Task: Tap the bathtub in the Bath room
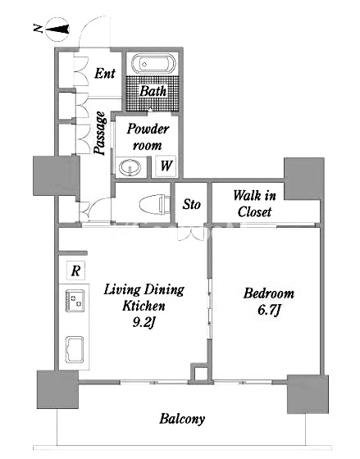[x=153, y=64]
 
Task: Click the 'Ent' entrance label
[x=105, y=73]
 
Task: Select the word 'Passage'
[x=100, y=133]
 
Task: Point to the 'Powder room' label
[x=148, y=137]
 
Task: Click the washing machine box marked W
[x=166, y=166]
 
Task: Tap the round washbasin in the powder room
[x=130, y=167]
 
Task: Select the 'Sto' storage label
[x=192, y=204]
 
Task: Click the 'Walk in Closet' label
[x=254, y=203]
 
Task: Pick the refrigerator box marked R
[x=76, y=270]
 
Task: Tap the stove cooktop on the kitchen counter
[x=75, y=301]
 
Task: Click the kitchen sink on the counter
[x=75, y=349]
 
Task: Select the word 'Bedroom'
[x=269, y=293]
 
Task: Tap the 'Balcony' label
[x=182, y=419]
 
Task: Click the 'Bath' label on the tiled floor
[x=153, y=91]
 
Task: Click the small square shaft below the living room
[x=199, y=372]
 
